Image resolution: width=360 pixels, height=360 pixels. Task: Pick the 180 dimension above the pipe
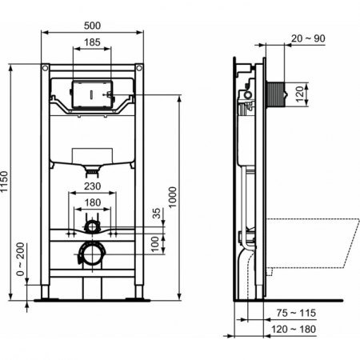tap(94, 203)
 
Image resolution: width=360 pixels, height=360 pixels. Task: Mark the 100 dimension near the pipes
tap(157, 242)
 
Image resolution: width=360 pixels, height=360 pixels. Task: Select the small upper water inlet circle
tap(94, 227)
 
